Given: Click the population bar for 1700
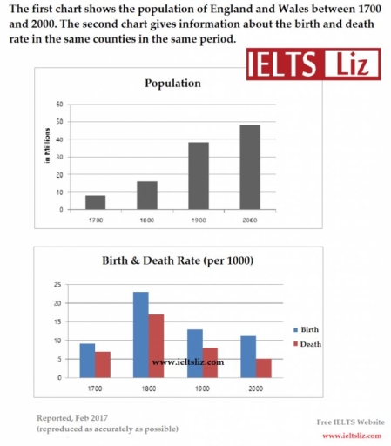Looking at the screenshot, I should (95, 202).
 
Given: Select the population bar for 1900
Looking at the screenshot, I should (198, 176).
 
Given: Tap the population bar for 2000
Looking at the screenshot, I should (250, 167).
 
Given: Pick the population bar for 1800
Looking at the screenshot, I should (146, 195).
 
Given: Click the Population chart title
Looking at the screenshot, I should (172, 84).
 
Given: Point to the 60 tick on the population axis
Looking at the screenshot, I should (59, 104).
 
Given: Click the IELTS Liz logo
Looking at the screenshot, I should (304, 64).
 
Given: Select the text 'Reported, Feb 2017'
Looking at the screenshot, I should (74, 418).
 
